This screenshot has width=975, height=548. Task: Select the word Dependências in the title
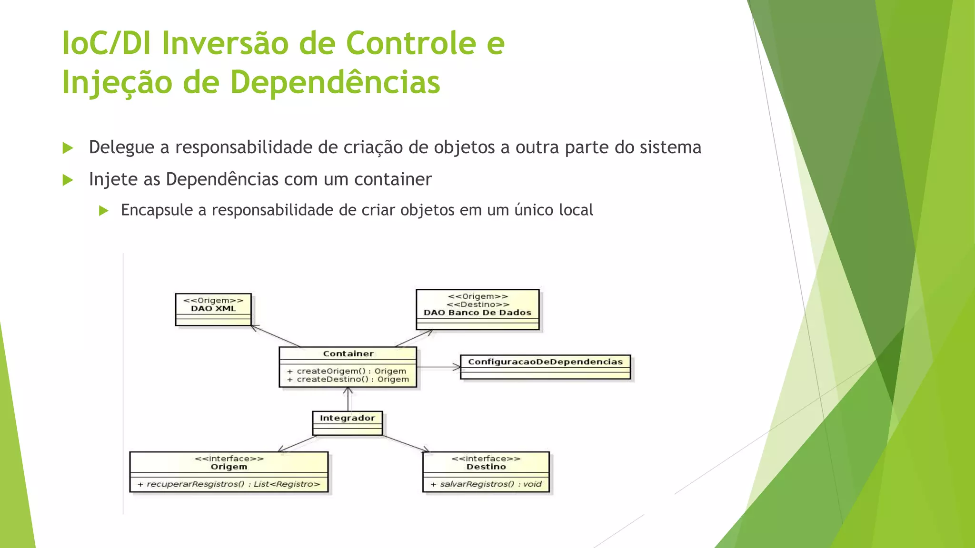pyautogui.click(x=335, y=82)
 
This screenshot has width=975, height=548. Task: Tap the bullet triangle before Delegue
pyautogui.click(x=68, y=148)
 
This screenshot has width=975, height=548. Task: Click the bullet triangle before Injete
pyautogui.click(x=68, y=180)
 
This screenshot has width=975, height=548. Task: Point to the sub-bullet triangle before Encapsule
pyautogui.click(x=104, y=210)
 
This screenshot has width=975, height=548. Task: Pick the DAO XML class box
pyautogui.click(x=213, y=310)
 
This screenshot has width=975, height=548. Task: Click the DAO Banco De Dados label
pyautogui.click(x=478, y=313)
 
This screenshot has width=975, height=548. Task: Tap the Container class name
pyautogui.click(x=348, y=353)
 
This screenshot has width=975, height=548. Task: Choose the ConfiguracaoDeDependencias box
pyautogui.click(x=545, y=367)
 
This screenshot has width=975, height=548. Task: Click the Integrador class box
pyautogui.click(x=347, y=422)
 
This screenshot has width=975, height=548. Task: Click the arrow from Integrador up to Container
pyautogui.click(x=348, y=400)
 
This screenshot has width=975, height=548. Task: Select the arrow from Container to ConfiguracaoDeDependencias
pyautogui.click(x=438, y=367)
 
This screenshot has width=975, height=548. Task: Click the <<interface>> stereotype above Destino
pyautogui.click(x=486, y=459)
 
